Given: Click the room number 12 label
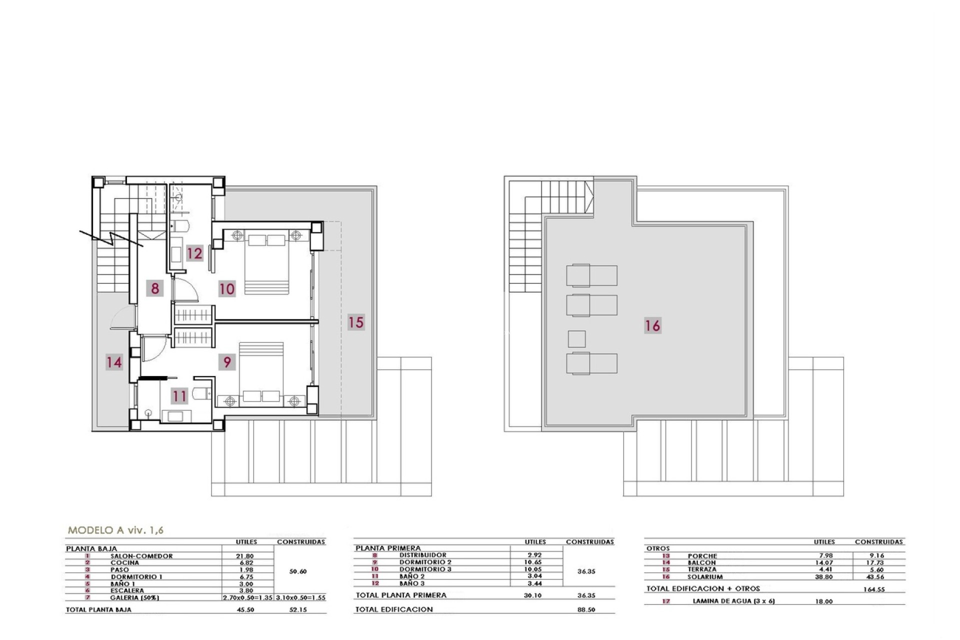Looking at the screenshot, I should tap(194, 253).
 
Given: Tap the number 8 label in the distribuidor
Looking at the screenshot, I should tap(155, 288).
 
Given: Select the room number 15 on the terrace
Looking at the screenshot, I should tap(356, 322).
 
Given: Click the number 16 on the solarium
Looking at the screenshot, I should tap(652, 326).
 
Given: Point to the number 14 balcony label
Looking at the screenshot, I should tap(114, 362).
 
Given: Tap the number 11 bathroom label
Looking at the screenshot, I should tap(179, 396).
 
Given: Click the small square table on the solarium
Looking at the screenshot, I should tap(576, 339).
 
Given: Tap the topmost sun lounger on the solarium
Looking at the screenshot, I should tap(591, 275).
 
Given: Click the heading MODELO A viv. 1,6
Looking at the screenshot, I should tap(115, 530).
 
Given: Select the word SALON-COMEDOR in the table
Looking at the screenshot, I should tap(141, 556).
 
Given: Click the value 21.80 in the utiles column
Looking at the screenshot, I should tap(244, 556).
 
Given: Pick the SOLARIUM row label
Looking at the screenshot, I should tap(705, 576).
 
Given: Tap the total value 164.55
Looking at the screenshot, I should tap(874, 589).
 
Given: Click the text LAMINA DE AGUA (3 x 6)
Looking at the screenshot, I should tap(733, 601).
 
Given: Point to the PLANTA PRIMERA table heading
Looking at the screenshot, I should tap(388, 548).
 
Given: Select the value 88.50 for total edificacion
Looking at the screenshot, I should tap(586, 609).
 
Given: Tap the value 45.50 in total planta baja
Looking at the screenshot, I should tap(244, 609).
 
